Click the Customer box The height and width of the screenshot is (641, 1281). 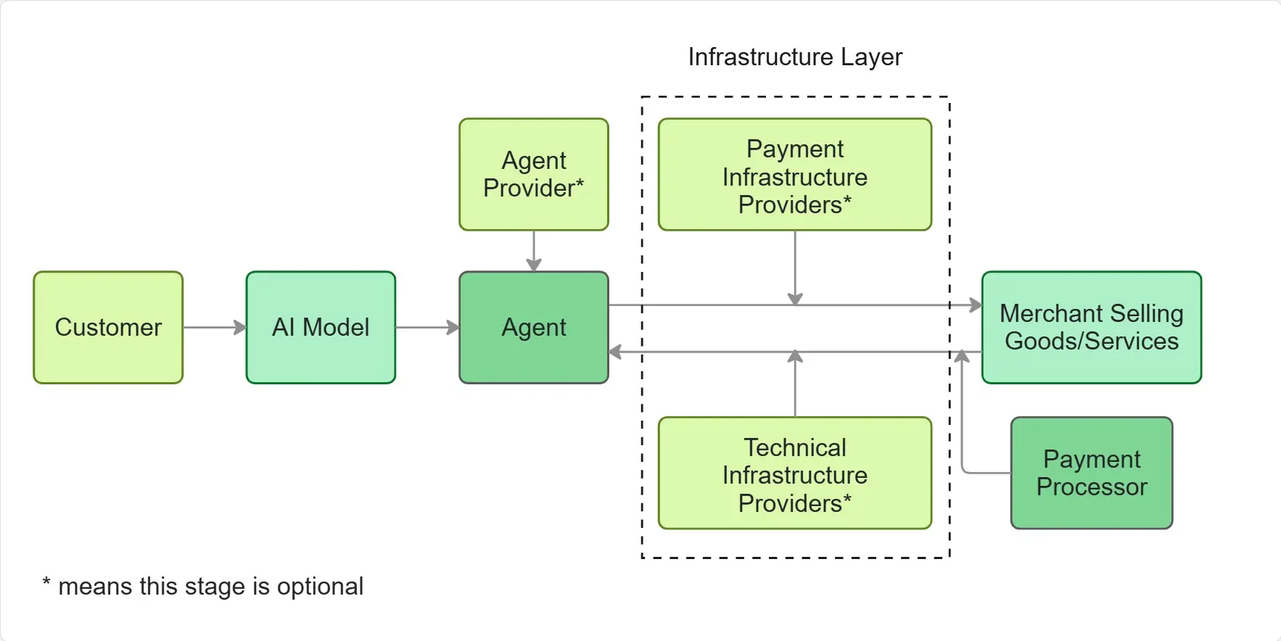[108, 327]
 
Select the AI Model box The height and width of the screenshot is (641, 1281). [321, 327]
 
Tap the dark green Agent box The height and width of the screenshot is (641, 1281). [534, 327]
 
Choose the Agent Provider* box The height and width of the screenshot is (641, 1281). [534, 174]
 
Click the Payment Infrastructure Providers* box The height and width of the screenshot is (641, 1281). [795, 175]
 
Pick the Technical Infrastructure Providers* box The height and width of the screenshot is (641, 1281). [795, 473]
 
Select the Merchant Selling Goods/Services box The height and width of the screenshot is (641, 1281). [1092, 327]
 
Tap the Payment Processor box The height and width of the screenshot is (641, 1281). [1092, 473]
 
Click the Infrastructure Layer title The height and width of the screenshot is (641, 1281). [795, 57]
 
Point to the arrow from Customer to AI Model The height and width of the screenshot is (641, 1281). [214, 327]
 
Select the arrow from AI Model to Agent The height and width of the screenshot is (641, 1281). [427, 327]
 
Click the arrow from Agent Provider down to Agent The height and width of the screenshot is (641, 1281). [534, 251]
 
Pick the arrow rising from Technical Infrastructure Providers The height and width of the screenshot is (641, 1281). [795, 384]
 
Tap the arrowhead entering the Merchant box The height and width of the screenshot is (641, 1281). [976, 305]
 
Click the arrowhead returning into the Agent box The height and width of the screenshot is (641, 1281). [615, 352]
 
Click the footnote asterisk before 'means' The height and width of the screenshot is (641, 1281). [46, 583]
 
